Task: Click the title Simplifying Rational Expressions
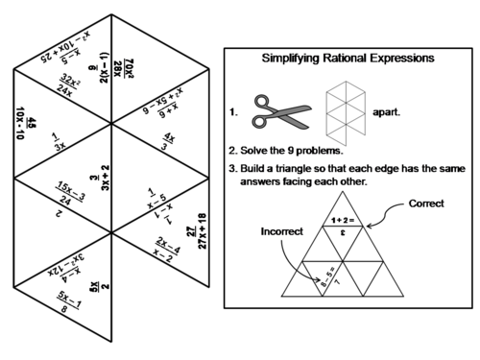point(348,59)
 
